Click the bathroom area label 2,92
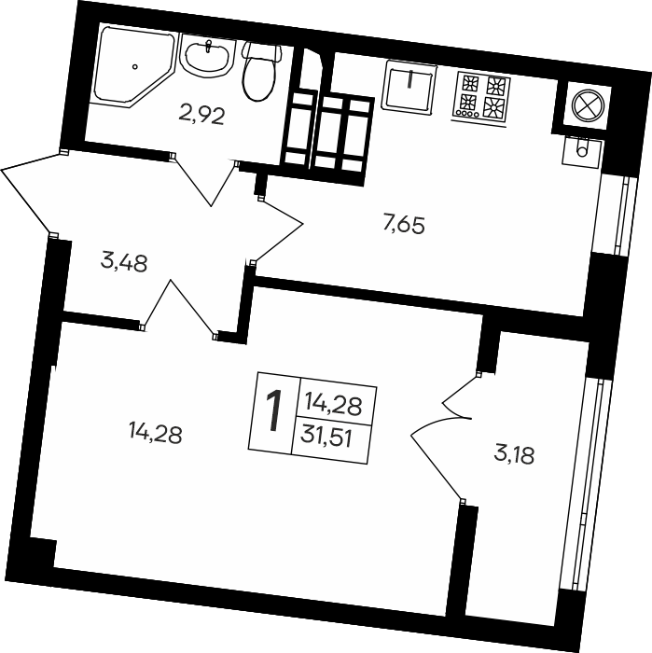point(201,116)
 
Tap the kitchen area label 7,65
point(404,226)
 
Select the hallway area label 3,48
point(124,263)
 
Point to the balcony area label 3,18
point(514,455)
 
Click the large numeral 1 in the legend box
point(273,412)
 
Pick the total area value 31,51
point(327,438)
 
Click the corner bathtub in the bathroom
point(133,66)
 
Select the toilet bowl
point(259,76)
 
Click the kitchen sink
point(409,87)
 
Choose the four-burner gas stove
point(480,98)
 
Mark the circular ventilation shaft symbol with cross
point(588,104)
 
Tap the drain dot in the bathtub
point(135,66)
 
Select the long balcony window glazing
point(586,484)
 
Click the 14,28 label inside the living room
point(155,434)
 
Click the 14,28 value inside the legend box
point(333,404)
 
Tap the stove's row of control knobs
point(467,113)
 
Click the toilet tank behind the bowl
point(262,50)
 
